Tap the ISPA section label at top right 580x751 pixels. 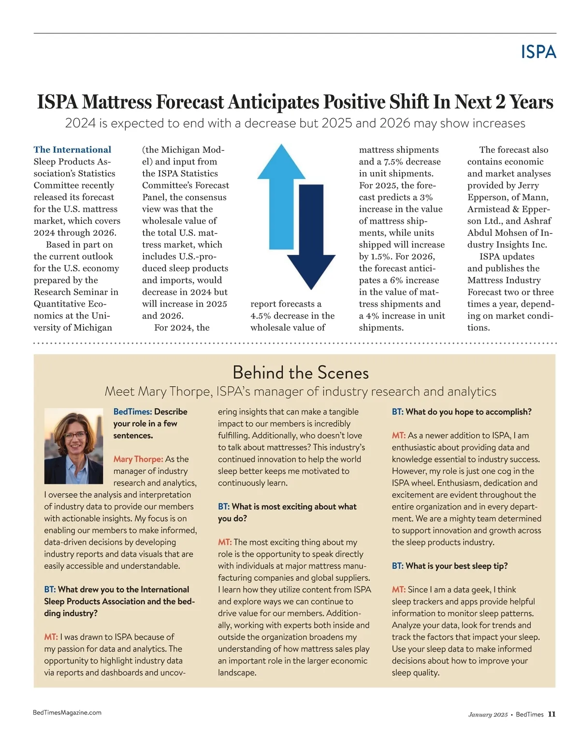(538, 52)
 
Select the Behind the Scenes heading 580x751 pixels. (300, 372)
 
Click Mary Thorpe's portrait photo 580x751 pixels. (73, 445)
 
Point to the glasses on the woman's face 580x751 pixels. (74, 435)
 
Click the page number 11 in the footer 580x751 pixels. (551, 714)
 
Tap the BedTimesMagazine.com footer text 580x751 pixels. (67, 712)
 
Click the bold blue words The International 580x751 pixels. (72, 149)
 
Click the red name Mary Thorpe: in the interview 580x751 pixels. (138, 459)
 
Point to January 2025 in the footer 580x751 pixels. (488, 715)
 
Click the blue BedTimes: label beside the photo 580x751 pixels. (132, 412)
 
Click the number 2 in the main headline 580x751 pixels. (500, 102)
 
